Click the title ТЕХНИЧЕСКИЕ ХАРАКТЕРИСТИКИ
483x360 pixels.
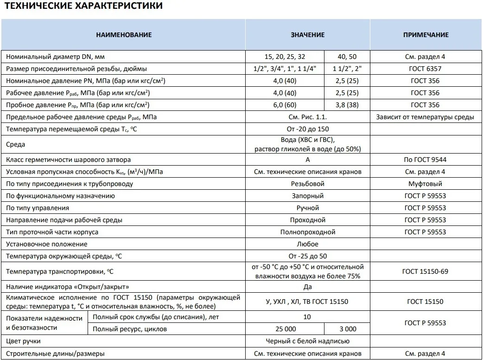click(x=83, y=6)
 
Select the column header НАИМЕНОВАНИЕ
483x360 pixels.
click(x=124, y=35)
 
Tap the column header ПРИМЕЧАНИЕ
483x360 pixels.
click(x=426, y=35)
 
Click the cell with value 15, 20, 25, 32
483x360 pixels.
click(x=285, y=57)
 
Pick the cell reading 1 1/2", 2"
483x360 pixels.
click(x=347, y=69)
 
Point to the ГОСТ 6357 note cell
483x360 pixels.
click(x=426, y=69)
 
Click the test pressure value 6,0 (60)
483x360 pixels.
click(x=285, y=105)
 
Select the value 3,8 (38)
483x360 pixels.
click(x=347, y=105)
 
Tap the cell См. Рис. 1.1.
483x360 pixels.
click(x=308, y=117)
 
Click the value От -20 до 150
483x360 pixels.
click(x=308, y=129)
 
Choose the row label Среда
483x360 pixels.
click(x=15, y=145)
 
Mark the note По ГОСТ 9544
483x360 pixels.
click(x=426, y=160)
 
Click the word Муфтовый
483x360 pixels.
click(x=426, y=184)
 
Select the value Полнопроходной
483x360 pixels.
click(x=308, y=232)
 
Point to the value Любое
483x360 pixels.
click(x=308, y=244)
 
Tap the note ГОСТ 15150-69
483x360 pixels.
click(x=426, y=271)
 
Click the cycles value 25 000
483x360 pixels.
click(x=285, y=329)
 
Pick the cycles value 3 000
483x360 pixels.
click(x=347, y=329)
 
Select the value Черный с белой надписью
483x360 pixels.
click(x=308, y=341)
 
